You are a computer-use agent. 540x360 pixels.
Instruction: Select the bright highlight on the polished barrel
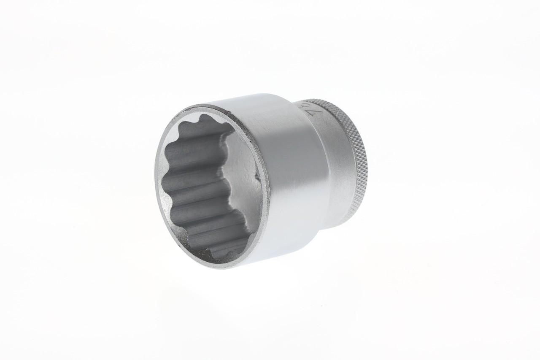(x=291, y=169)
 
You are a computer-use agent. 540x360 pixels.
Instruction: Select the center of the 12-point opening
(x=211, y=186)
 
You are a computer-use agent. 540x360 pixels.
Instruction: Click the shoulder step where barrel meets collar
(x=314, y=127)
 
